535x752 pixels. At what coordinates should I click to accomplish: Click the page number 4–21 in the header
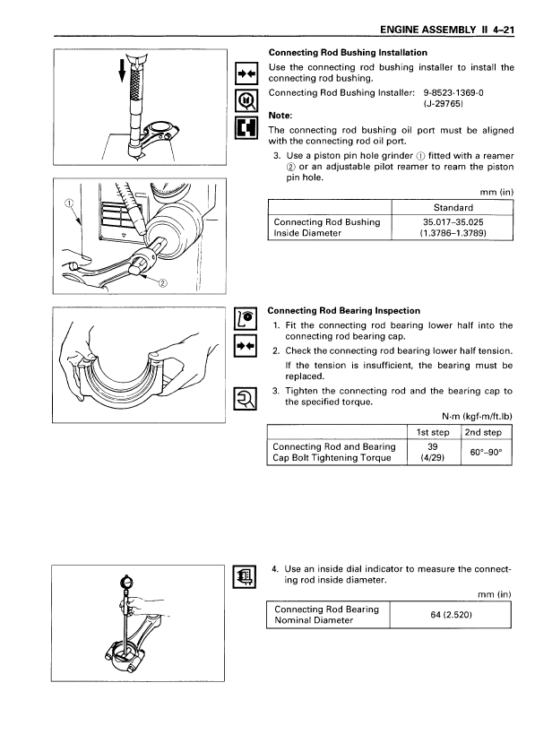point(503,30)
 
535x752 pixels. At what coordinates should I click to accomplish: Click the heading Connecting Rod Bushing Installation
point(348,53)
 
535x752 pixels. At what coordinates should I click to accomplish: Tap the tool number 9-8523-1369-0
point(453,92)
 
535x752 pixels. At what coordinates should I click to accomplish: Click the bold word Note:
point(280,116)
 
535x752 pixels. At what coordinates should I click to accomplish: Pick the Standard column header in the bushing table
point(453,208)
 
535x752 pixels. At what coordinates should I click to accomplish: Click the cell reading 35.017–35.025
point(453,222)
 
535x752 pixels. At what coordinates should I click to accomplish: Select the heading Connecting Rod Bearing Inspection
point(344,311)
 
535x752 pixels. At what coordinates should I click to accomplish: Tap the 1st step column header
point(433,432)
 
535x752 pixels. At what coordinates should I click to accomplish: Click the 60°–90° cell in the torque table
point(486,452)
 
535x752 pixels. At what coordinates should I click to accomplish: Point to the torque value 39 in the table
point(433,446)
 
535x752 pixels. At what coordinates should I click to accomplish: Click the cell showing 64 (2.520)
point(451,614)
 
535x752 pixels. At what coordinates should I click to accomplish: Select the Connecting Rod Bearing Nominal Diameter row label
point(326,614)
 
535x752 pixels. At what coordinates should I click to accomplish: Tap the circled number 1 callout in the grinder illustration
point(69,203)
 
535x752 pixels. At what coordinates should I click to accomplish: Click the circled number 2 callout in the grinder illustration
point(162,283)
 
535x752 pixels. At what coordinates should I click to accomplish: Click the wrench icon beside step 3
point(245,399)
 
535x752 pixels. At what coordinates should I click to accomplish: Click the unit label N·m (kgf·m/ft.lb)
point(477,416)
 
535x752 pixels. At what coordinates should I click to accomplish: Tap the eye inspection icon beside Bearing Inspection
point(245,319)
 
